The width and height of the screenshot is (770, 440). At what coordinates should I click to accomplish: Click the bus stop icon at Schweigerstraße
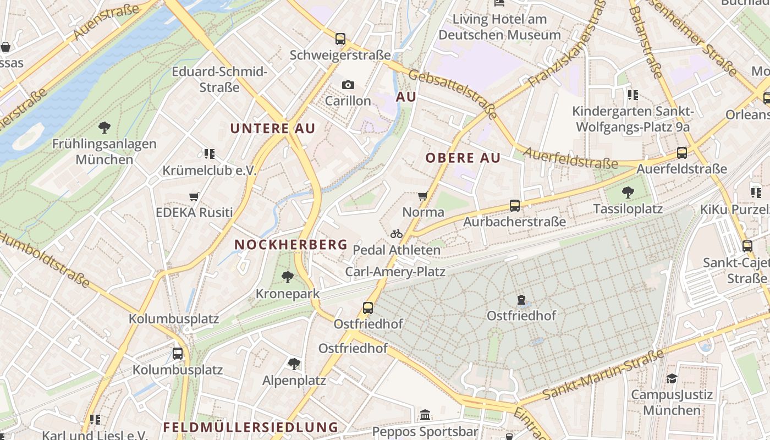pos(340,39)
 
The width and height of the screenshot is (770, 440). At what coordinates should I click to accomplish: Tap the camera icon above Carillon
pos(348,85)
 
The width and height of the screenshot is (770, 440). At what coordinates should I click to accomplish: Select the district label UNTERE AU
pos(272,129)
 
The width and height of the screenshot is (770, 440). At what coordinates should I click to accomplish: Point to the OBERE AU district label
pos(463,158)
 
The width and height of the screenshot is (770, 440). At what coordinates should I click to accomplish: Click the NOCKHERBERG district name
pos(291,244)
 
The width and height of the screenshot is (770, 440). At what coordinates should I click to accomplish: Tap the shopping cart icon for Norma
pos(423,196)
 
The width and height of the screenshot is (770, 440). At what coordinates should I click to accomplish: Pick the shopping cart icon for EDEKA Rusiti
pos(194,196)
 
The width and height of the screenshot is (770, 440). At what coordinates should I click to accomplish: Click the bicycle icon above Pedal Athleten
pos(397,234)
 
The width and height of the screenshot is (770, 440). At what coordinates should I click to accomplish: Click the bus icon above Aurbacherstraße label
pos(514,206)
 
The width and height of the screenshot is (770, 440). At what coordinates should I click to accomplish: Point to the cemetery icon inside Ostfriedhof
pos(521,300)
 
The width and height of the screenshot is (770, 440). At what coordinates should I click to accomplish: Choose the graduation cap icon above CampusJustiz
pos(672,378)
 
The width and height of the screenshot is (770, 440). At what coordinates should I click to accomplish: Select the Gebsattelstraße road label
pos(453,95)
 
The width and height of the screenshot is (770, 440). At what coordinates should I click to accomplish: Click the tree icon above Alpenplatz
pos(294,364)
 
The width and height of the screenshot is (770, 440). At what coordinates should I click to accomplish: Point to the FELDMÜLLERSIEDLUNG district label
pos(250,427)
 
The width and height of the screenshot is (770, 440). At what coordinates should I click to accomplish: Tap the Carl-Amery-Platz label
pos(395,272)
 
